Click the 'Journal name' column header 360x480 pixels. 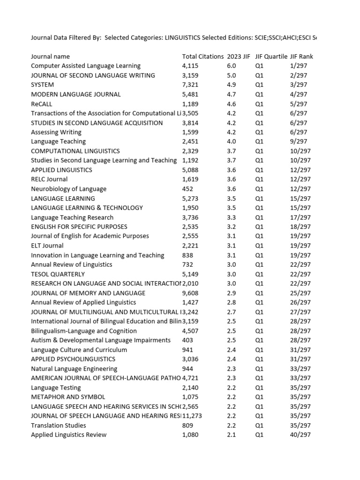pos(47,56)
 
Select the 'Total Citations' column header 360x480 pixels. pos(202,56)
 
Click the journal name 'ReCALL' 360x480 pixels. pos(42,104)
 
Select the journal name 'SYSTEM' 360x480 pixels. pos(42,85)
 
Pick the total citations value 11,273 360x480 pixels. pos(192,416)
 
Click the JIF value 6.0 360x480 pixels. pos(231,66)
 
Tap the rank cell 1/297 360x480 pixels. pos(299,66)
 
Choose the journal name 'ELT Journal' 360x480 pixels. pos(47,246)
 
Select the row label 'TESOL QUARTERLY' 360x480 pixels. pos(58,274)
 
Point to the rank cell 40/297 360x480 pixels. pos(300,435)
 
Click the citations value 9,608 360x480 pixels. pos(190,293)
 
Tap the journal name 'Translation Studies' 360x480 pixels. pos(59,425)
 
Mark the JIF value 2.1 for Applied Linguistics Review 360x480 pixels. pos(231,435)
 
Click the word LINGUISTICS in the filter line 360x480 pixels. pos(182,37)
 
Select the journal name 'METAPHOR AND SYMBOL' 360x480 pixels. pos(68,397)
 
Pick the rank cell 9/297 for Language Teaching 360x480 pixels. pos(299,142)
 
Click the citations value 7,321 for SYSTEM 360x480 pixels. pos(190,85)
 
